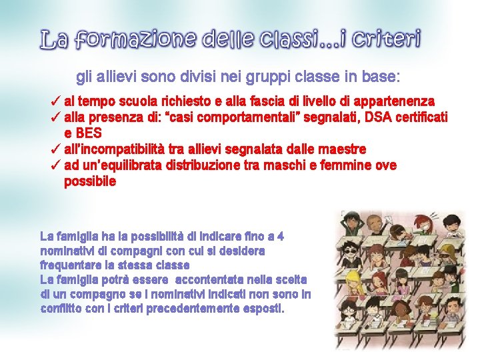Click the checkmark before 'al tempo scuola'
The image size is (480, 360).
coord(56,101)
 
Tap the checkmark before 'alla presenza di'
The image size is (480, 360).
coord(56,117)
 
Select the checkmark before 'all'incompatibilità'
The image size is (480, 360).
coord(56,149)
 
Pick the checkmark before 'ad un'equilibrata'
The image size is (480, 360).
coord(56,165)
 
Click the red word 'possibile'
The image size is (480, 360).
coord(90,181)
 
